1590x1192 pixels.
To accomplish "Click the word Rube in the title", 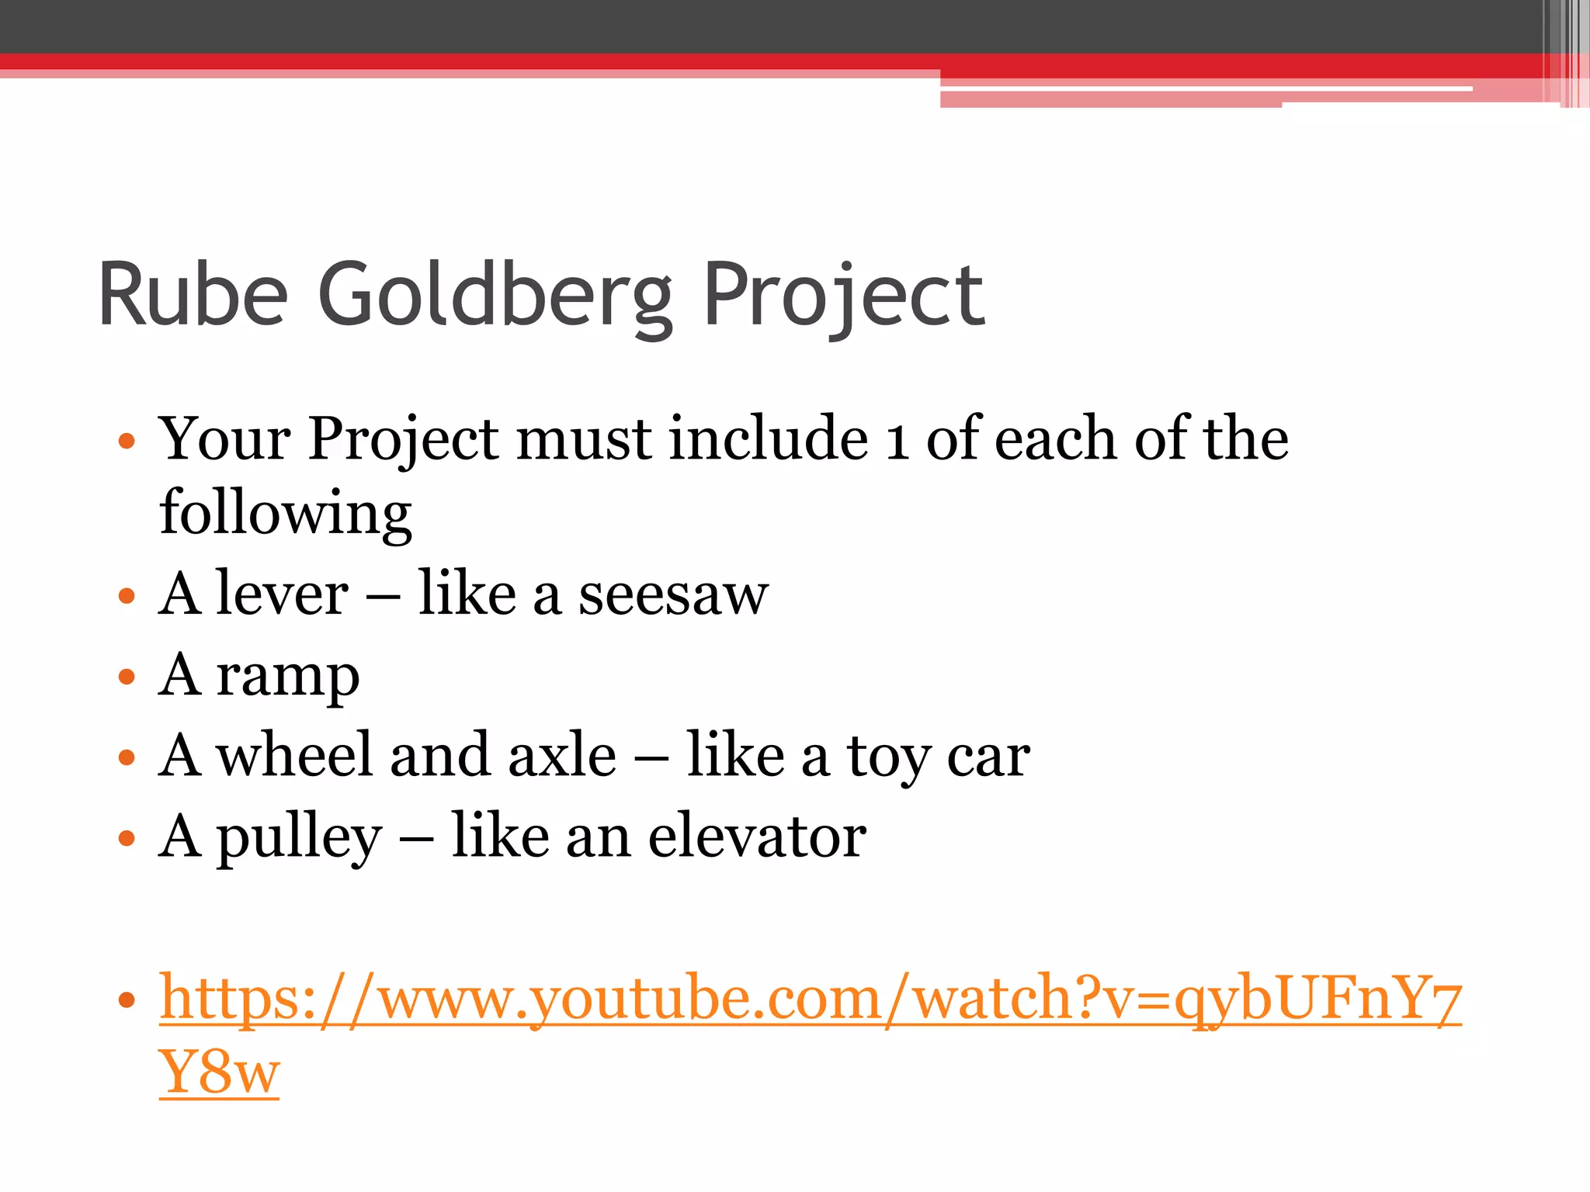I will tap(193, 296).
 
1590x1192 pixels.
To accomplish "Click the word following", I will tap(285, 514).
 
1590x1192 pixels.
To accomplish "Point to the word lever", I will tap(283, 594).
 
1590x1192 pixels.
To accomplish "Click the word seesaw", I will tap(673, 596).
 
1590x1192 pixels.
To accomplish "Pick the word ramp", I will tap(287, 677).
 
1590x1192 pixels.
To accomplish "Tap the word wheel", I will tap(294, 755).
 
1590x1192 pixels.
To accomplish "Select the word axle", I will tap(562, 755).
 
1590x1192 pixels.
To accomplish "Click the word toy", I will tap(887, 758).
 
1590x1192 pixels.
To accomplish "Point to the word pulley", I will tap(299, 839).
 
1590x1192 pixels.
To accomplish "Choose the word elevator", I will tap(757, 837).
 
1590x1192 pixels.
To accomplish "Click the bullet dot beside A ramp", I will tap(127, 677).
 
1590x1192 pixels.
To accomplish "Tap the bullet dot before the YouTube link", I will tap(127, 1000).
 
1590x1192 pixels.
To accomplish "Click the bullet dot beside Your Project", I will tap(127, 442).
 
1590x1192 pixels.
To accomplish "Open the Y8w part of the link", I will tap(219, 1072).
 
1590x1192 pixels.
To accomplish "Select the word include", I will tap(769, 438).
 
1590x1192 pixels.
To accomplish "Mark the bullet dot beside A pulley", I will tap(127, 838).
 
